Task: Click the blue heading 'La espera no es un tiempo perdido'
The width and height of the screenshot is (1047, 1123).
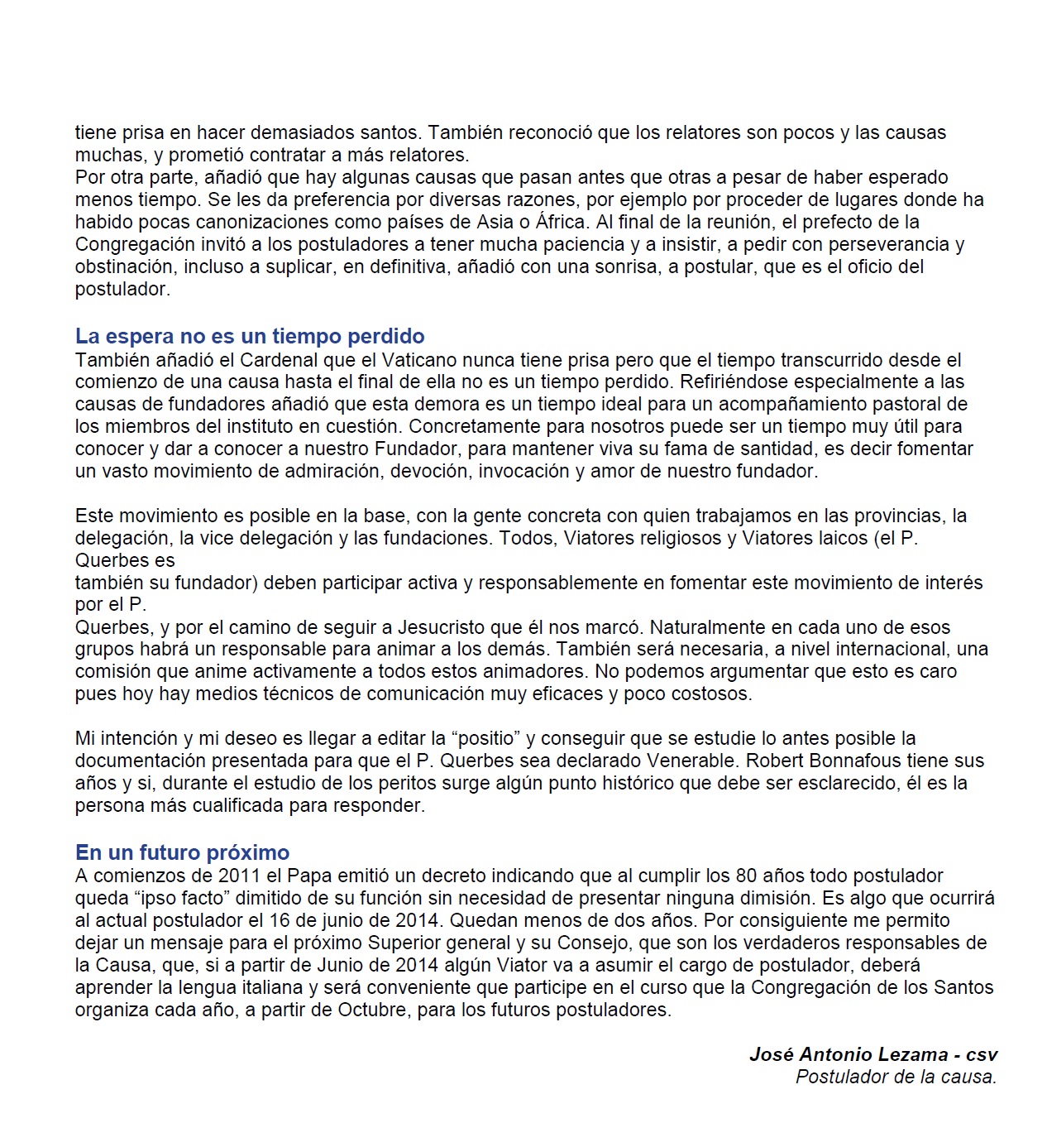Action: click(250, 336)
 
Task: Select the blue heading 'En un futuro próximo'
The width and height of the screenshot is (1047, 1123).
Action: click(182, 852)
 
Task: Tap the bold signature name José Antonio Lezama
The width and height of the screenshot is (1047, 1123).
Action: click(849, 1054)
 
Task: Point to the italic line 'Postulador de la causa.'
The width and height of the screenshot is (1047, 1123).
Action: click(896, 1077)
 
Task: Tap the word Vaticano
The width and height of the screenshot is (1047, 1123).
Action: click(421, 360)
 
